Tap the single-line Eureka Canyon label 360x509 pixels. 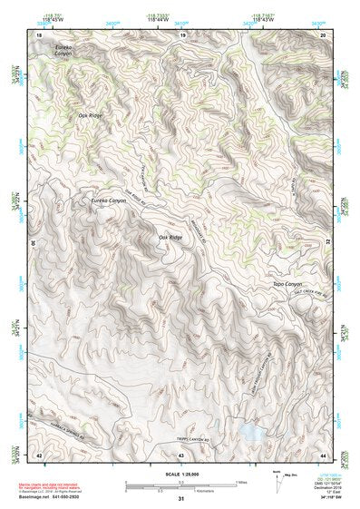tap(109, 201)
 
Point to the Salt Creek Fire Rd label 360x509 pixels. tap(306, 292)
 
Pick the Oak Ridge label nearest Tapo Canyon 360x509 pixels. tap(170, 237)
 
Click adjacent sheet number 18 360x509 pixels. tap(39, 34)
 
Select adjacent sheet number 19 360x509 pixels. tap(182, 34)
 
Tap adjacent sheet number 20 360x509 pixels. tap(324, 34)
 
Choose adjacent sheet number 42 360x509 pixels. tap(39, 454)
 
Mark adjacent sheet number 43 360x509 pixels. tap(181, 454)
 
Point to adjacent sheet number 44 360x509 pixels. tap(324, 454)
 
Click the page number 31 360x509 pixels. tap(181, 499)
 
